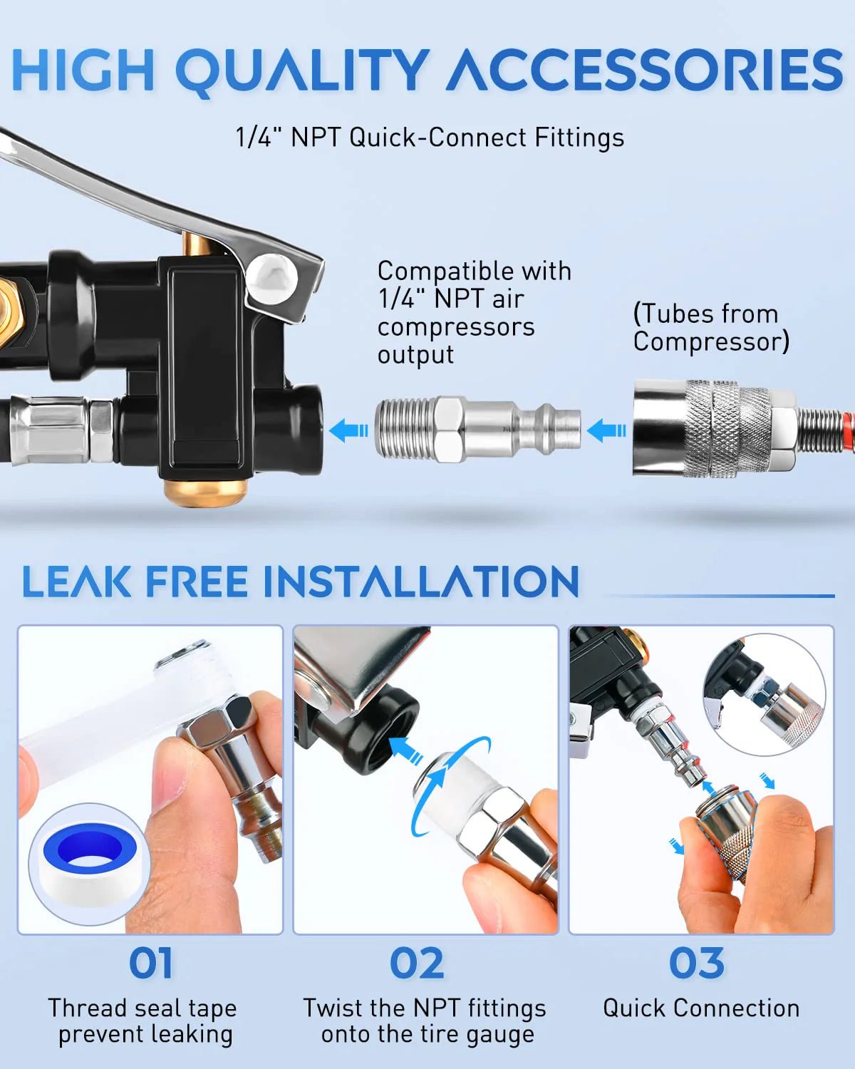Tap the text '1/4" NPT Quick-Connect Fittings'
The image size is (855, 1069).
[x=430, y=137]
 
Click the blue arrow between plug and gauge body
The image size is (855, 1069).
[x=348, y=430]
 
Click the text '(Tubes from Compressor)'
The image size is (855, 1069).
[x=711, y=327]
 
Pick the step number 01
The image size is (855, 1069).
[x=150, y=964]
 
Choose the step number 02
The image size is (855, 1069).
[x=417, y=964]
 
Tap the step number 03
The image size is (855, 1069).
[x=696, y=964]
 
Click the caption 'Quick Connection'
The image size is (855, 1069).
[x=701, y=1008]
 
